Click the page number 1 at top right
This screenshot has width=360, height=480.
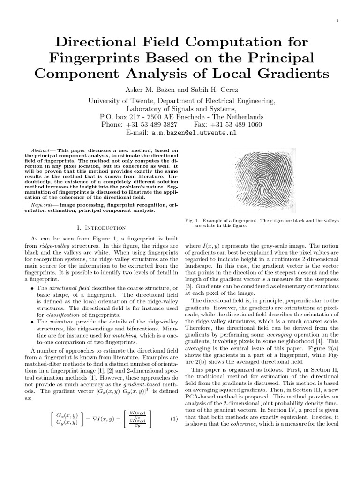[x=337, y=21]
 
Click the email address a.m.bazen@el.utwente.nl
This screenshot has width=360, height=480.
[x=194, y=133]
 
